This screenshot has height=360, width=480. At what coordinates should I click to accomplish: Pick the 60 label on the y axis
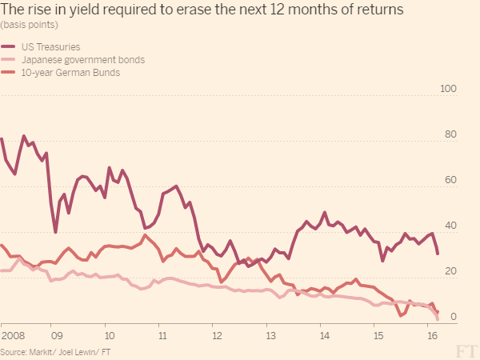tap(450, 180)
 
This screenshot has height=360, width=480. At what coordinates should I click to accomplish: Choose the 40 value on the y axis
tap(450, 226)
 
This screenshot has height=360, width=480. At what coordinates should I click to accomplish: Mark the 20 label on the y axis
tap(450, 272)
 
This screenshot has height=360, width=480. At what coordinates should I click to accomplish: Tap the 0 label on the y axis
tap(454, 318)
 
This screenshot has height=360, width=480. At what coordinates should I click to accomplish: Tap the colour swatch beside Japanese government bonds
tap(9, 60)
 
